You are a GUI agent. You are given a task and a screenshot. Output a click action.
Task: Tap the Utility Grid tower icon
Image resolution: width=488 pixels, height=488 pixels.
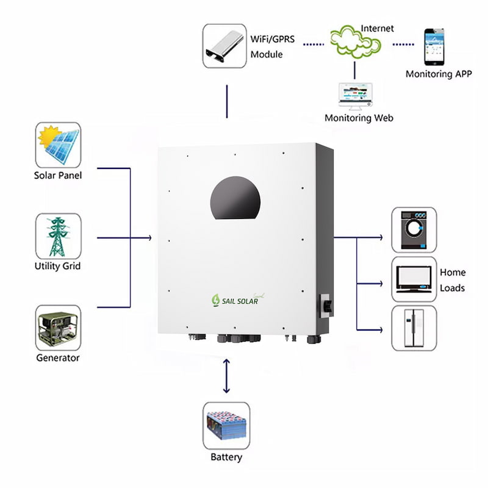coord(58,236)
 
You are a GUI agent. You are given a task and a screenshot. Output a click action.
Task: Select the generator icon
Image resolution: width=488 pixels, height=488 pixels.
coord(58,328)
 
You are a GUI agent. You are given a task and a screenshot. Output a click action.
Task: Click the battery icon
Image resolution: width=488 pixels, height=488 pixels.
coord(226,425)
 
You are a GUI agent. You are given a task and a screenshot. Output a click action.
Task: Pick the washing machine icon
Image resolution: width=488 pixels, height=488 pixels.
coord(414,230)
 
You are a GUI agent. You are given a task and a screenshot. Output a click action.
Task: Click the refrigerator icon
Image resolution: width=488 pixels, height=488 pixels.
coord(414,328)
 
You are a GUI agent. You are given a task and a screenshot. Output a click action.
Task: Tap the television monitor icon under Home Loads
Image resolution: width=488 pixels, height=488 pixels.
coord(414,279)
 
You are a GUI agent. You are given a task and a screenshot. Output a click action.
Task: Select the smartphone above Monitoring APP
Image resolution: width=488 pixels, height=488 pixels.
coord(434,46)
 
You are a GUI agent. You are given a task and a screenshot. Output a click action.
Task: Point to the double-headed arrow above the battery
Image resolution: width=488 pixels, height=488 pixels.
coord(226,376)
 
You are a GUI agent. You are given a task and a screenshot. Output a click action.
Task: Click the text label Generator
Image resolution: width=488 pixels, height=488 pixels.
coord(57,357)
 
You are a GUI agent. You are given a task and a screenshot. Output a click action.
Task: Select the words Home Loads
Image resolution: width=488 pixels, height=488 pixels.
coord(452,280)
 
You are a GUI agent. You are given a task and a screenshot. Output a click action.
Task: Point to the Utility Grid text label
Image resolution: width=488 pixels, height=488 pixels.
coord(57,266)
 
